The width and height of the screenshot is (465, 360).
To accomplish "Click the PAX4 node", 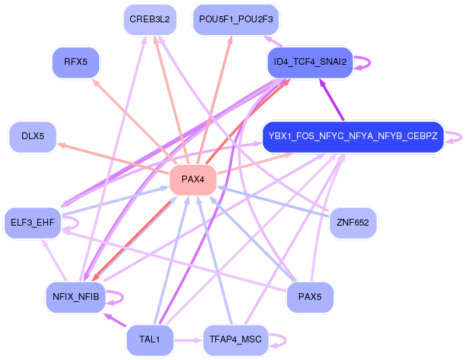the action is click(193, 180).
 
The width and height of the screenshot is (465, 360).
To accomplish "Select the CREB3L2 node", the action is click(150, 20).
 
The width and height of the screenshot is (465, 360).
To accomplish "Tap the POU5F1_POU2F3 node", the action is click(236, 20).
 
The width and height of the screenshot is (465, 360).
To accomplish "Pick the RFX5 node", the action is click(76, 62).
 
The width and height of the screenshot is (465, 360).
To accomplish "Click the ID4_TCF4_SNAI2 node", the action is click(310, 62).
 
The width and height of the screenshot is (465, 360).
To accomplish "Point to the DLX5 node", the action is click(33, 136).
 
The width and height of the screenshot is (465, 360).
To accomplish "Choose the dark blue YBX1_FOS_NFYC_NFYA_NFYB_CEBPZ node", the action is click(353, 136).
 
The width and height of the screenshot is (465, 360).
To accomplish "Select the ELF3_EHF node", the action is click(32, 223).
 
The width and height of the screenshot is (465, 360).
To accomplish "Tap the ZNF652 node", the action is click(353, 223).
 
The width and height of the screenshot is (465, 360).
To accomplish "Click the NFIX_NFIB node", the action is click(76, 297).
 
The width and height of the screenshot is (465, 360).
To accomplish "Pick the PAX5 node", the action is click(310, 297).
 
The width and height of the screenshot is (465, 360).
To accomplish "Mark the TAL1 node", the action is click(150, 339).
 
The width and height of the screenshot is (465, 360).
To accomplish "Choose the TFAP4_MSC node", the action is click(236, 339).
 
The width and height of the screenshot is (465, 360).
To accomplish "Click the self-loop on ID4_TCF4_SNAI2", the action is click(370, 62).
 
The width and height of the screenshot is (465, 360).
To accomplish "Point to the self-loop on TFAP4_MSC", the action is click(285, 340).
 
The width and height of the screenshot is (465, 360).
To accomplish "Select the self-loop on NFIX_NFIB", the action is click(122, 297).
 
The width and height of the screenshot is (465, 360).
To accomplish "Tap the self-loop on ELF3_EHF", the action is click(78, 223).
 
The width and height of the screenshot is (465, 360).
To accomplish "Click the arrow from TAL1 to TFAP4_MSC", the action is click(188, 340).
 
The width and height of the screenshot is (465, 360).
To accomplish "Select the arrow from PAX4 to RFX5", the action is click(134, 121).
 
